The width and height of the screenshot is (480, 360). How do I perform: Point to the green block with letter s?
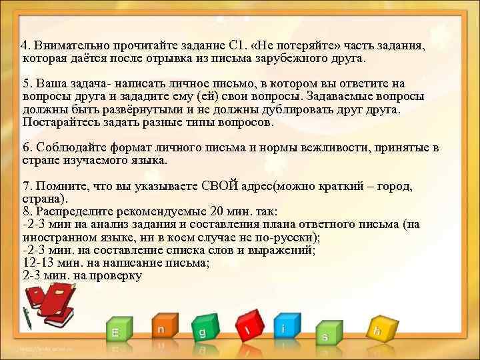[325, 335]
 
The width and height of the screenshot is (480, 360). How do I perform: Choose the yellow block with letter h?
[378, 329]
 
